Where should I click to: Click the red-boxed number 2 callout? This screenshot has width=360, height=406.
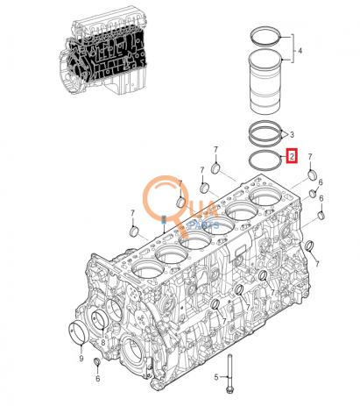[293, 158]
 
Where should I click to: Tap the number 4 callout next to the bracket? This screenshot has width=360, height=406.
[299, 52]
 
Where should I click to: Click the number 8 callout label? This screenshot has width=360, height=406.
[102, 343]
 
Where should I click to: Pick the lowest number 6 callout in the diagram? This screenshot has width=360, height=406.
[97, 379]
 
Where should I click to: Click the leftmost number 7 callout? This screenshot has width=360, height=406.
[132, 213]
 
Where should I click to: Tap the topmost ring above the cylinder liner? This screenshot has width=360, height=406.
[265, 37]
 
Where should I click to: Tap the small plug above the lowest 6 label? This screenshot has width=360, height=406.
[97, 363]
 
